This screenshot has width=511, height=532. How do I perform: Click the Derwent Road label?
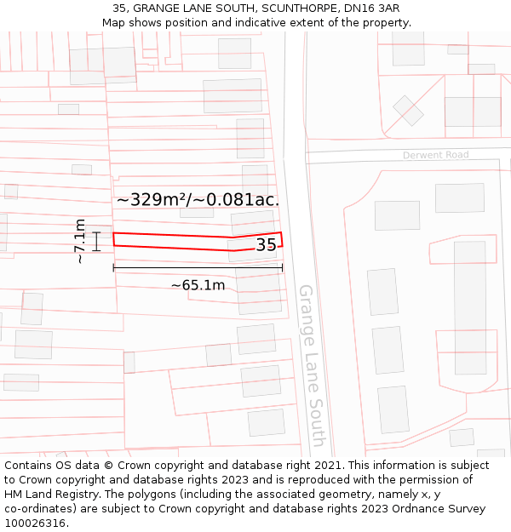[x=436, y=155]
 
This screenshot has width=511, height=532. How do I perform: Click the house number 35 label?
[x=266, y=245]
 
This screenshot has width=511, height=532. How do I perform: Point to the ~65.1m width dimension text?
[x=198, y=285]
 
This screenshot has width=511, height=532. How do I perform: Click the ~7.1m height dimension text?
[x=79, y=241]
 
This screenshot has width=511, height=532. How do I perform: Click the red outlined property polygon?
[x=170, y=241]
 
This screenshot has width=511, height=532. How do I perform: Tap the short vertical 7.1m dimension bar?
[x=97, y=241]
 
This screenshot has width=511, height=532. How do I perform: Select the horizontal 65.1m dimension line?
[x=198, y=268]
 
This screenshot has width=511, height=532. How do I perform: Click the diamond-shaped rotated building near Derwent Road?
[x=408, y=111]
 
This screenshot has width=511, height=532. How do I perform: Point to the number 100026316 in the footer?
[x=35, y=523]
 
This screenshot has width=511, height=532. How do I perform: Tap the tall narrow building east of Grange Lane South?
[x=470, y=306]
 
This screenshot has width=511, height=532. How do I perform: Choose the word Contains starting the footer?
[x=30, y=466]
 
